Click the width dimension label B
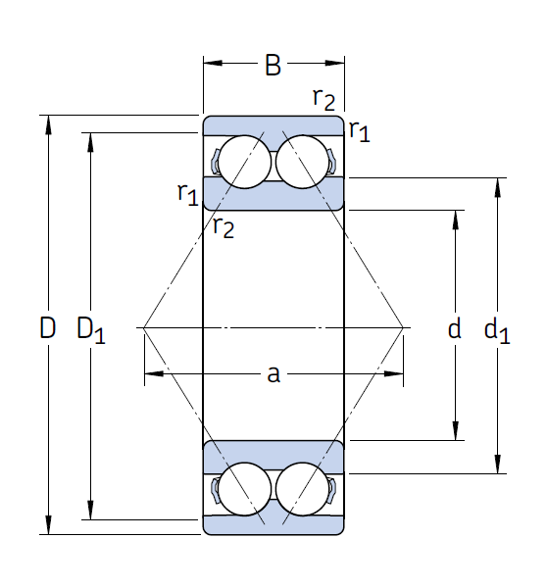[273, 65]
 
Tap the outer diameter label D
[47, 327]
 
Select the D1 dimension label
[91, 330]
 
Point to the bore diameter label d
[455, 328]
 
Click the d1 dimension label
[497, 330]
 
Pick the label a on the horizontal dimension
[273, 374]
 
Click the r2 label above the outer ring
[323, 99]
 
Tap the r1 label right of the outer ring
[359, 131]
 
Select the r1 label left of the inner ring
[187, 194]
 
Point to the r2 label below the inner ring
[224, 227]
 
